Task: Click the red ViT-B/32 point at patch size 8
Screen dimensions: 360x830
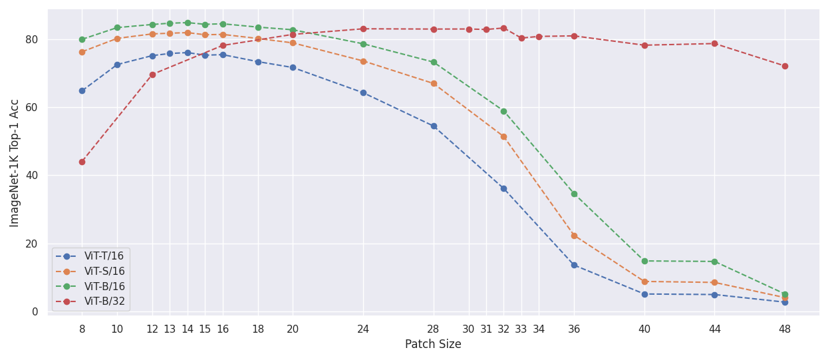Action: pos(82,162)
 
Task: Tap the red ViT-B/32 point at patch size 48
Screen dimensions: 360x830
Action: pos(785,66)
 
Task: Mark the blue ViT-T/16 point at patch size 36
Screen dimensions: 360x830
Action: pos(574,265)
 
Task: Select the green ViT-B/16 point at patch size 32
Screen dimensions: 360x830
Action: pos(503,111)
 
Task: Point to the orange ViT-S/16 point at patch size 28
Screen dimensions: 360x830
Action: pos(434,83)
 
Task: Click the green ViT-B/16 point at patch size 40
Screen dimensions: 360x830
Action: pos(644,261)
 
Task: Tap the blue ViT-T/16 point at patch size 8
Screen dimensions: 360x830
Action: pos(82,90)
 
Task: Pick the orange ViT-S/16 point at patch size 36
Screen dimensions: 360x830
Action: pos(574,236)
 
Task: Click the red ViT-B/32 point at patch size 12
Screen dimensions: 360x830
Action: pos(152,75)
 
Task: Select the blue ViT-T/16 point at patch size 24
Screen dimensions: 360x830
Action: pos(363,92)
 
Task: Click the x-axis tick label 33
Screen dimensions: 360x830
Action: pos(521,329)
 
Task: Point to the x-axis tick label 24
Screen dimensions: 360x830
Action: pos(363,329)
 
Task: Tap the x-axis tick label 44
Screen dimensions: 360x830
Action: pos(714,329)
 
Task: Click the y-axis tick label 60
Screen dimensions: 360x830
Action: pos(32,107)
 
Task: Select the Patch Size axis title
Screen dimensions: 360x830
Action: pos(433,345)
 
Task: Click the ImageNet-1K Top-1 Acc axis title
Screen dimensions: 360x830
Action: pos(15,162)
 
